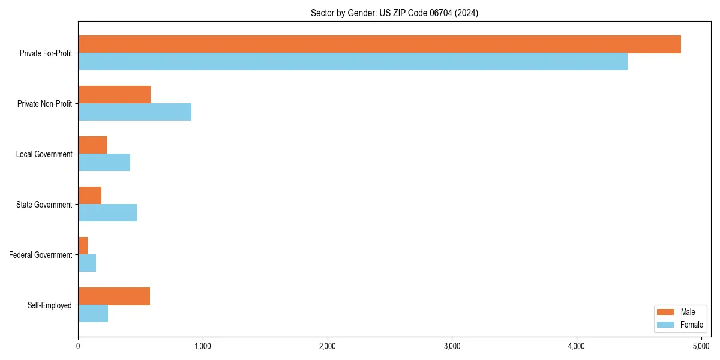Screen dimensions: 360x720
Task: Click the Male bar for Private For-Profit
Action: tap(379, 44)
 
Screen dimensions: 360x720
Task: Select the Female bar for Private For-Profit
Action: tap(353, 62)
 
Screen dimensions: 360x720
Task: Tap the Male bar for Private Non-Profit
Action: tap(114, 95)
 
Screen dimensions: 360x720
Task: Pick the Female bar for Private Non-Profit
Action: tap(134, 112)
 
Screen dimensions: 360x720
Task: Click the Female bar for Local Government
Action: tap(104, 163)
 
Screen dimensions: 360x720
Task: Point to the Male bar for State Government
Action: tap(89, 196)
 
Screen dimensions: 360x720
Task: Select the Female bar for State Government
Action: tap(107, 213)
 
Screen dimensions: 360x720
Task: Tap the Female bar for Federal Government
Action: tap(87, 263)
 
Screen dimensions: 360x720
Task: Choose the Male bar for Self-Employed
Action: tap(114, 296)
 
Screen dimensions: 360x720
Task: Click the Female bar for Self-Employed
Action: tap(93, 314)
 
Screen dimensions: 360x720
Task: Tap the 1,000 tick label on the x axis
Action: tap(203, 346)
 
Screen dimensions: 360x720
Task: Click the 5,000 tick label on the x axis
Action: tap(701, 346)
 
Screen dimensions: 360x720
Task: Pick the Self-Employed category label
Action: tap(50, 305)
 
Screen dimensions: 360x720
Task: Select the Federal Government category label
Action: tap(41, 255)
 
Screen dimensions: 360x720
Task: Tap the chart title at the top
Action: tap(394, 13)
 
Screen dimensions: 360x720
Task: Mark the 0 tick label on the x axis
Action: tap(78, 346)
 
